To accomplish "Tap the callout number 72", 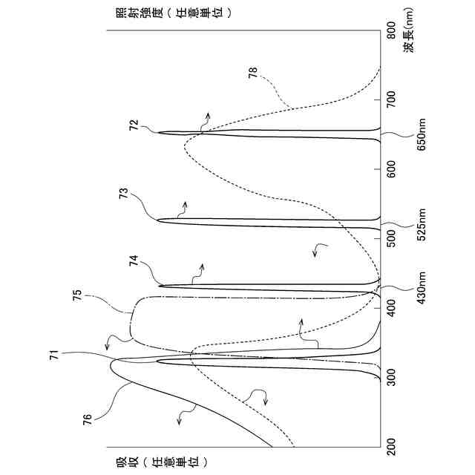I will pos(134,127).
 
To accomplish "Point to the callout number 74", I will pos(134,261).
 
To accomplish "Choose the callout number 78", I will pos(252,72).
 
